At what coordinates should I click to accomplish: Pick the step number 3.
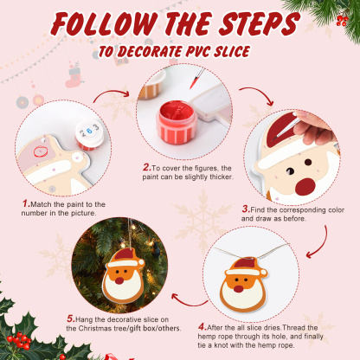246,209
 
